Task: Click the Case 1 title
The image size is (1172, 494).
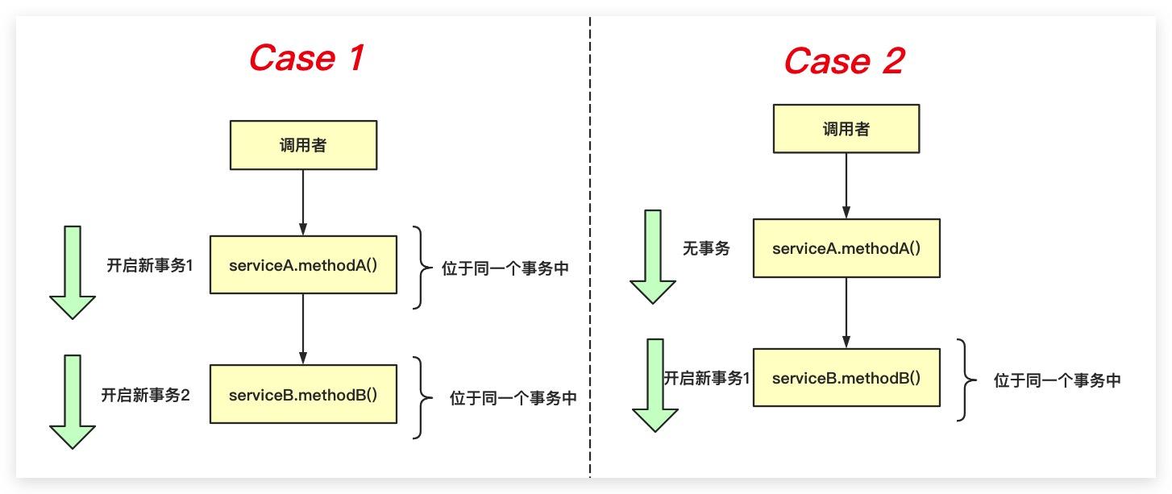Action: click(x=306, y=57)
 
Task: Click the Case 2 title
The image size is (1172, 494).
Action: click(x=845, y=60)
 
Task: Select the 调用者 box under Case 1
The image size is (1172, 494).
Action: click(x=303, y=145)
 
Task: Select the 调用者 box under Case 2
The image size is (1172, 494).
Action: click(x=846, y=129)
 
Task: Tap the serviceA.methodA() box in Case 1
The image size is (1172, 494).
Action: click(x=303, y=265)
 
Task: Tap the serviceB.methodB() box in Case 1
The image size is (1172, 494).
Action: click(x=303, y=394)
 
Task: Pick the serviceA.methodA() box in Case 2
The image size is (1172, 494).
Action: click(x=846, y=248)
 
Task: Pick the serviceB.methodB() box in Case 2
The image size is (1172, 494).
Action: click(x=846, y=377)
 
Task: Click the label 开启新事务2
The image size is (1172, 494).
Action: click(x=145, y=395)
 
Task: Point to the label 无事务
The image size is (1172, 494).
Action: click(x=706, y=248)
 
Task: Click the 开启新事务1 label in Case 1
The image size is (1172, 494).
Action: click(x=150, y=265)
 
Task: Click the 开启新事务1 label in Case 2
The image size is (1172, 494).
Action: click(x=707, y=378)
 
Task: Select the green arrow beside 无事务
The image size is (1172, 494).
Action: click(x=653, y=257)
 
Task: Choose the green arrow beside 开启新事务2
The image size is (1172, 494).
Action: click(x=73, y=402)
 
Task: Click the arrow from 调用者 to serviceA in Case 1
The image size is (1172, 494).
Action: click(x=303, y=202)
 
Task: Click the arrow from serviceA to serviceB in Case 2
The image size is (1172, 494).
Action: click(x=846, y=313)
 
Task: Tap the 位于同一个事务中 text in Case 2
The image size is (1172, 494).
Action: click(x=1057, y=380)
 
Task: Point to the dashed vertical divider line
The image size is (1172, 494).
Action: click(x=590, y=247)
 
